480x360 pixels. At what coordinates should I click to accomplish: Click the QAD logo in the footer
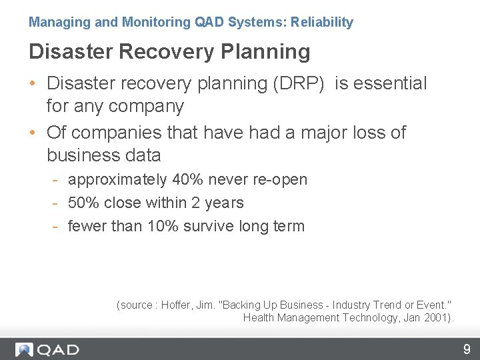point(47,349)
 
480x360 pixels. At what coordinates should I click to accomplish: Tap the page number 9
point(467,349)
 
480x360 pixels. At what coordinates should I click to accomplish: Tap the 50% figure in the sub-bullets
point(84,203)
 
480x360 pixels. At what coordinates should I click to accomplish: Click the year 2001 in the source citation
point(436,317)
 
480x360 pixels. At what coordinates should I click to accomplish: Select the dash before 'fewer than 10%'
point(58,227)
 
